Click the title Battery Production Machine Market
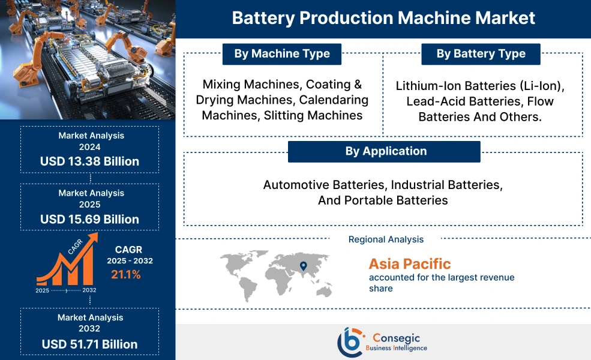click(x=383, y=18)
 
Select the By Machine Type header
click(x=281, y=54)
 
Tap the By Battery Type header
click(x=481, y=54)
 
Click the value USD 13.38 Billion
click(x=89, y=161)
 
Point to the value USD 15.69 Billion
click(x=89, y=219)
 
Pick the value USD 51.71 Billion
click(x=89, y=344)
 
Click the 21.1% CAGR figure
click(x=125, y=275)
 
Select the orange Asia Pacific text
click(x=410, y=263)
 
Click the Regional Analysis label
click(x=386, y=239)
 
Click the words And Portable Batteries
click(x=383, y=200)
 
